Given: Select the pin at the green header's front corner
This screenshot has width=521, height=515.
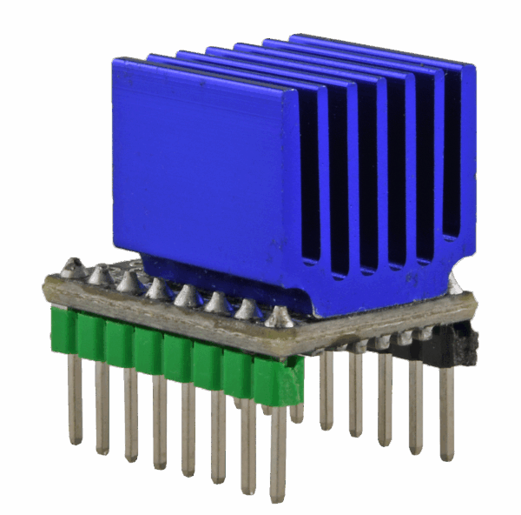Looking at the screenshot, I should click(x=278, y=452).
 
